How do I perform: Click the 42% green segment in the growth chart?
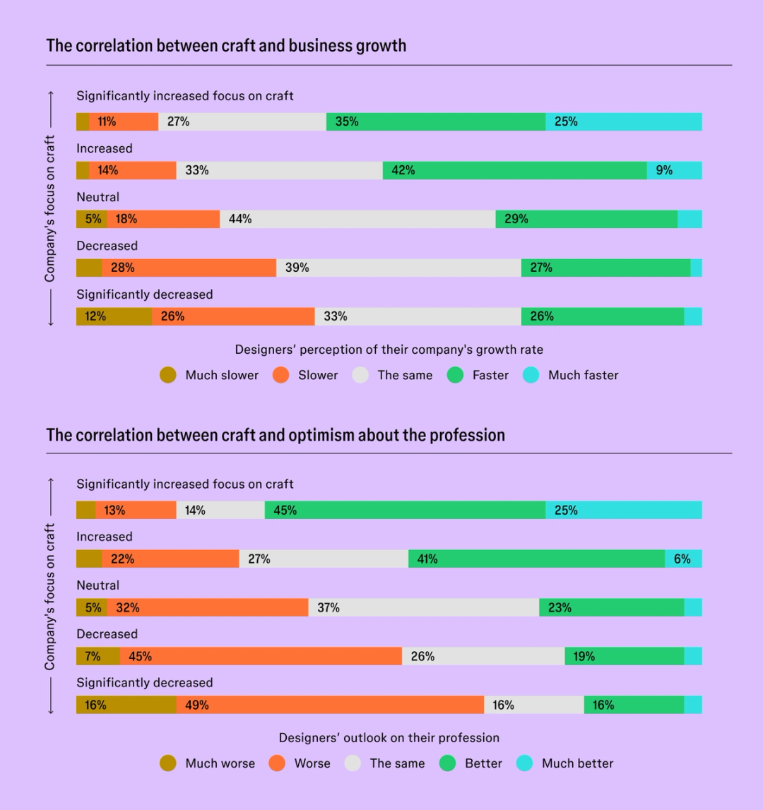pyautogui.click(x=514, y=170)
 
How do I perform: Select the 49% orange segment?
pyautogui.click(x=330, y=705)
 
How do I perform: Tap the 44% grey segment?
pyautogui.click(x=357, y=219)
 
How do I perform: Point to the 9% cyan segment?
pyautogui.click(x=674, y=170)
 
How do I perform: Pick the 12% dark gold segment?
pyautogui.click(x=114, y=316)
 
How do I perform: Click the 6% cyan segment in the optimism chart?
pyautogui.click(x=683, y=559)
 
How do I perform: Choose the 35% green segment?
pyautogui.click(x=435, y=121)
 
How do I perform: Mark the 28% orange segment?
pyautogui.click(x=189, y=268)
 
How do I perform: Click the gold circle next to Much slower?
pyautogui.click(x=168, y=375)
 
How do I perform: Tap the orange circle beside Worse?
pyautogui.click(x=277, y=763)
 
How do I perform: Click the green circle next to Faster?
pyautogui.click(x=456, y=375)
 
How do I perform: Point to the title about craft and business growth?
pyautogui.click(x=226, y=46)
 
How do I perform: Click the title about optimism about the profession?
pyautogui.click(x=276, y=434)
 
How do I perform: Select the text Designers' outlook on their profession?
pyautogui.click(x=389, y=738)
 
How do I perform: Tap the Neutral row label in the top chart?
pyautogui.click(x=98, y=197)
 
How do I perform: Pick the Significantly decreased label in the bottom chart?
pyautogui.click(x=144, y=683)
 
